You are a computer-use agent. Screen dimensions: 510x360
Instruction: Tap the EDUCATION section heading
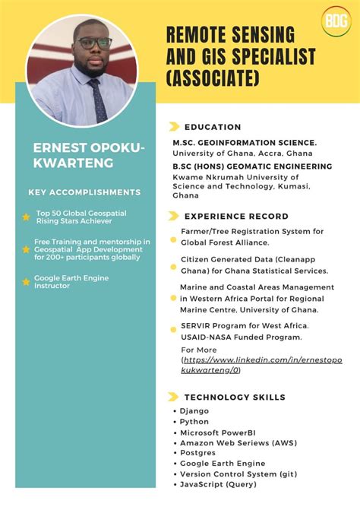click(x=213, y=127)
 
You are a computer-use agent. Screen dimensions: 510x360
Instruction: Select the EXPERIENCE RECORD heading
click(x=236, y=216)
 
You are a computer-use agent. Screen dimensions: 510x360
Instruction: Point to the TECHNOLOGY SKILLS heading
click(x=235, y=397)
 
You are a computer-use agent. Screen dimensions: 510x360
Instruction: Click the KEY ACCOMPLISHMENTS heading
click(x=84, y=192)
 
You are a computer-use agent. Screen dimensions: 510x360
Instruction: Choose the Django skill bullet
click(x=194, y=411)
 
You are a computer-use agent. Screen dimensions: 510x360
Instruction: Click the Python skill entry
click(x=194, y=422)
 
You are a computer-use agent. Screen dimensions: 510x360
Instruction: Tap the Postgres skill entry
click(x=198, y=453)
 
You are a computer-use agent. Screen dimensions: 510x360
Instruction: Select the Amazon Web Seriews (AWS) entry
click(x=238, y=442)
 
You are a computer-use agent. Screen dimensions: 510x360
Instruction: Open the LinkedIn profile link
click(x=261, y=364)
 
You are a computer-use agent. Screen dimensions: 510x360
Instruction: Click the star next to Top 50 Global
click(x=26, y=217)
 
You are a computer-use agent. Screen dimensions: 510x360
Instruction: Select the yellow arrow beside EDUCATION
click(x=174, y=127)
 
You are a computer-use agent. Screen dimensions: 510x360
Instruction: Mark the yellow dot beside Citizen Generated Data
click(x=173, y=265)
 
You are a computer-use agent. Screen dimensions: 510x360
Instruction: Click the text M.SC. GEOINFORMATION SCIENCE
click(x=245, y=143)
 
